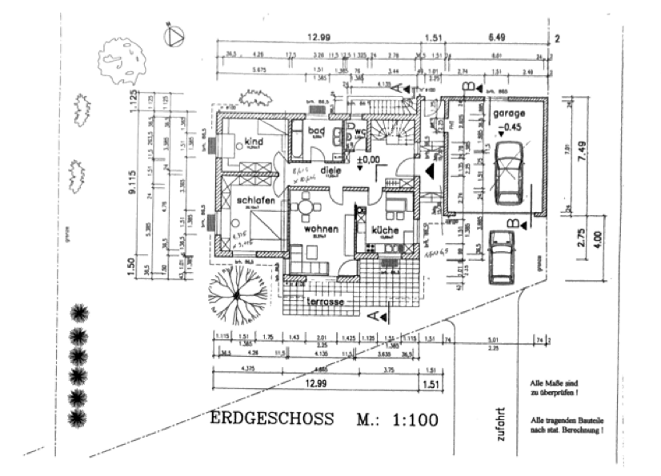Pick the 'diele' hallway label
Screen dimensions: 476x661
click(x=332, y=170)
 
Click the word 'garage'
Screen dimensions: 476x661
click(x=510, y=114)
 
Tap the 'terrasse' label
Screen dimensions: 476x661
click(x=326, y=303)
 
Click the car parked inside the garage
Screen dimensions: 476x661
click(x=509, y=173)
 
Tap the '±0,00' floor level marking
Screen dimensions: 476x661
click(x=369, y=160)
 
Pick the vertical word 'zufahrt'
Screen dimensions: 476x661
click(x=501, y=422)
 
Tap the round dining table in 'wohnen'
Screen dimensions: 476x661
click(x=306, y=208)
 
